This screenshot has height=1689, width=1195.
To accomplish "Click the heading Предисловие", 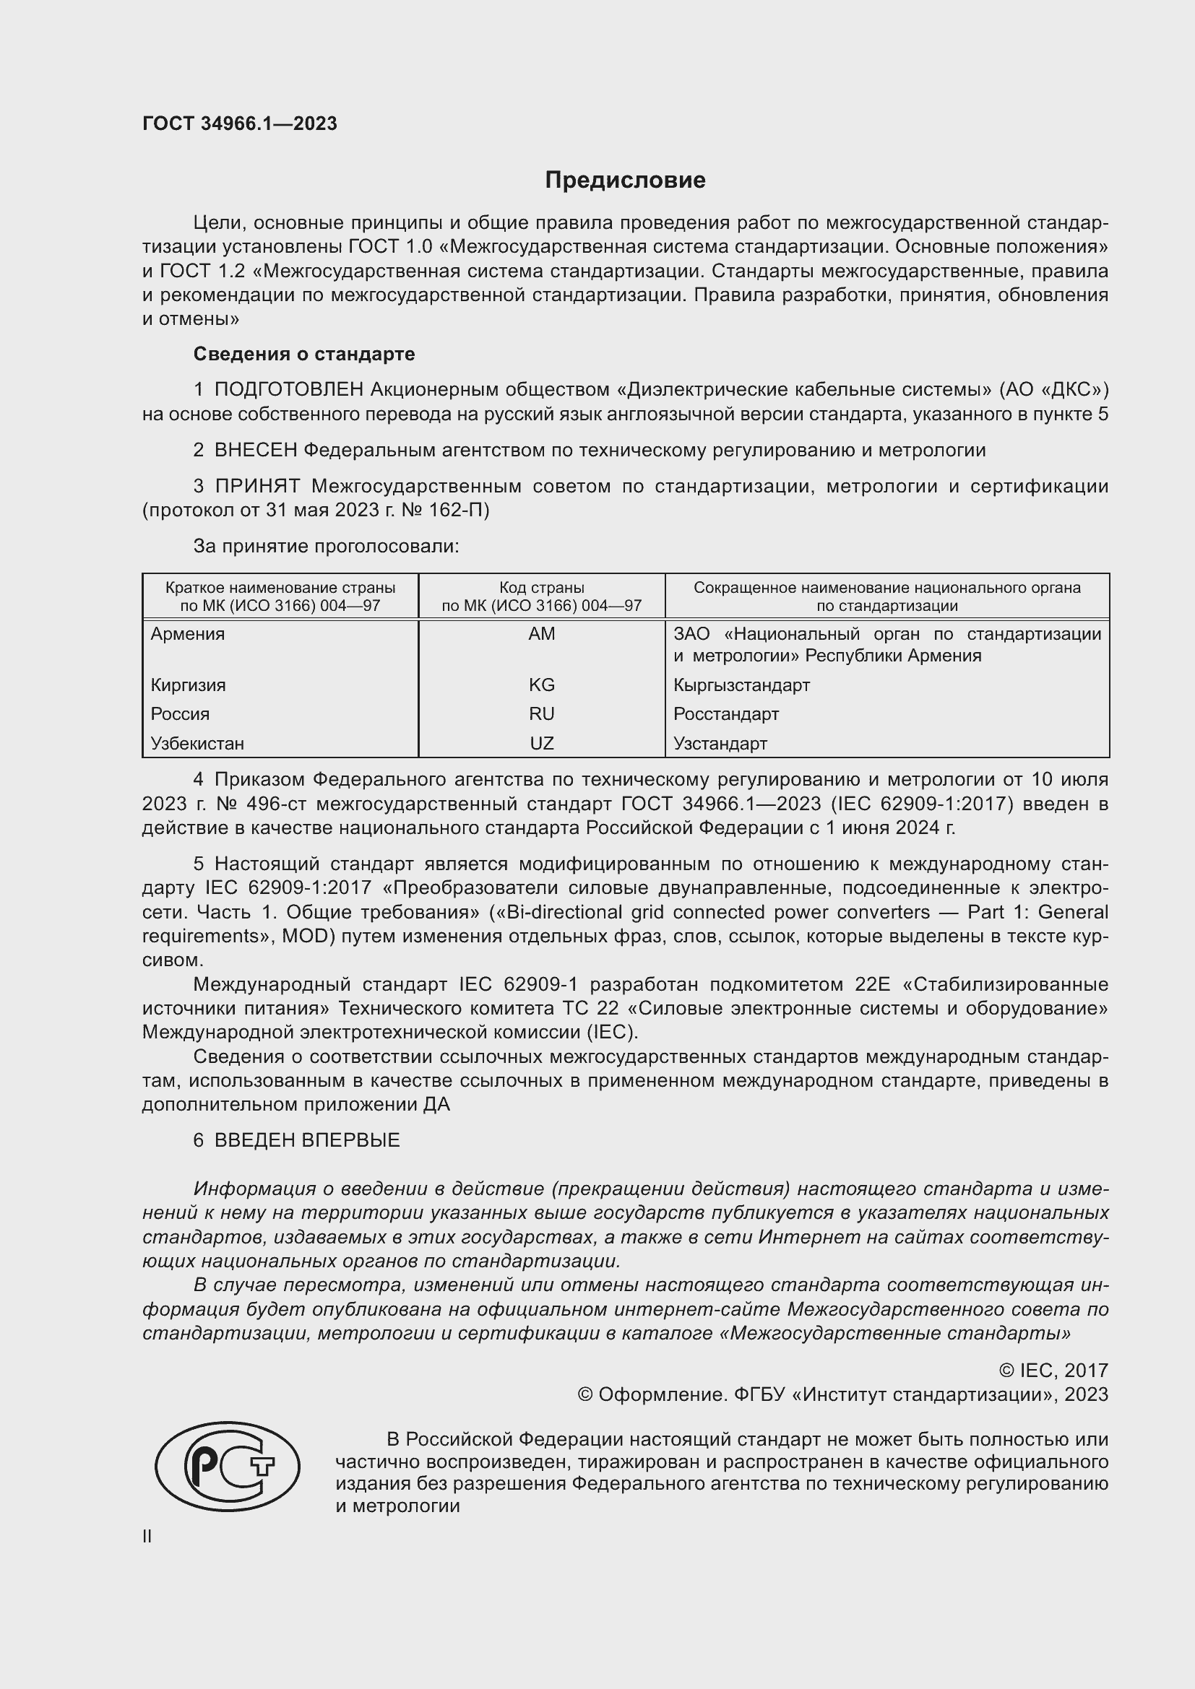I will point(625,181).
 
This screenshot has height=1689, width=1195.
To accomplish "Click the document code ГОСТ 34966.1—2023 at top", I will point(240,123).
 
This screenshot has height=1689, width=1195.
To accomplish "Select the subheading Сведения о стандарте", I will point(304,354).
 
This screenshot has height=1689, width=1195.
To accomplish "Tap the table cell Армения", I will point(188,633).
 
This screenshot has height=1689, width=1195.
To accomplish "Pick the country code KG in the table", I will point(542,685).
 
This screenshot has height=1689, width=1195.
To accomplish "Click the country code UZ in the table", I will point(542,743).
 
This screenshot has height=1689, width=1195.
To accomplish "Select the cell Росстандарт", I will point(725,713).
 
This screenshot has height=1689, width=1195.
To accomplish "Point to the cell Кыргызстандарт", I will point(741,685).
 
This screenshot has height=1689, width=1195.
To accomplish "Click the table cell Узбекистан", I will point(197,743).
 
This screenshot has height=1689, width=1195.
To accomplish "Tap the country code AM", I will point(542,633).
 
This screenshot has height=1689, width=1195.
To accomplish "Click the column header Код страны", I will point(542,588).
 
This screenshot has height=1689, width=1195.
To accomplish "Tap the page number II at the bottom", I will point(147,1536).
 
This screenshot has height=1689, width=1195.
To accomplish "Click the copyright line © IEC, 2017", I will point(1053,1370).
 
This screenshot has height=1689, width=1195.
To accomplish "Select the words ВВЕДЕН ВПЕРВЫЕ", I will point(307,1140).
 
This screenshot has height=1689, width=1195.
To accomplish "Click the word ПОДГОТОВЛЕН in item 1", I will point(289,389).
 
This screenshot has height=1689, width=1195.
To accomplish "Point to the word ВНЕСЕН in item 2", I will point(256,449).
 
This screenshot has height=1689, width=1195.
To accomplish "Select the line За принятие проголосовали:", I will point(326,546).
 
